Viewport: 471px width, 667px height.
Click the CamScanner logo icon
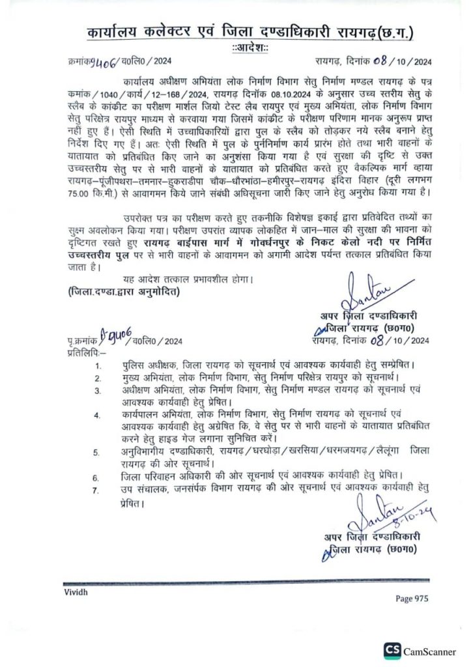392,650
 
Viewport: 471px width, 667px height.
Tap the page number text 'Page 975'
412,598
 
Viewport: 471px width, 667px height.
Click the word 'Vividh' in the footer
76,591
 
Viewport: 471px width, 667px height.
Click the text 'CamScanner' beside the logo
430,651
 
